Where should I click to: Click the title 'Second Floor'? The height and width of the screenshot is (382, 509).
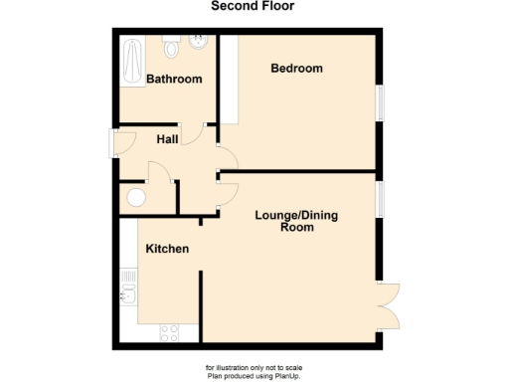coord(254,7)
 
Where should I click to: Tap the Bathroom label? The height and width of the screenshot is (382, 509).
coord(174,79)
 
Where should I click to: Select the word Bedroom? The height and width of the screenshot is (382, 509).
coord(297,68)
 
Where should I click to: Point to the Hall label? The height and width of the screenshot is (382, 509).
coord(167,139)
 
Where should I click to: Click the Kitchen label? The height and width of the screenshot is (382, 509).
coord(167,248)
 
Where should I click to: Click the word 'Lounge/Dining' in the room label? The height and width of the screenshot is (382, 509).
coord(297,215)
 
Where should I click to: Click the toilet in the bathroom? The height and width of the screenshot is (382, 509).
coord(171,46)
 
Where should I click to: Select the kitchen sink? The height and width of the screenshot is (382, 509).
coord(126,294)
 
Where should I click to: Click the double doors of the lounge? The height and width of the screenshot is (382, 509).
coord(386,304)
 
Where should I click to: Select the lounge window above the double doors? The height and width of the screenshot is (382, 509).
coord(379,197)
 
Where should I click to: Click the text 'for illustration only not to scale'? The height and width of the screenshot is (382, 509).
coord(254,367)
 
